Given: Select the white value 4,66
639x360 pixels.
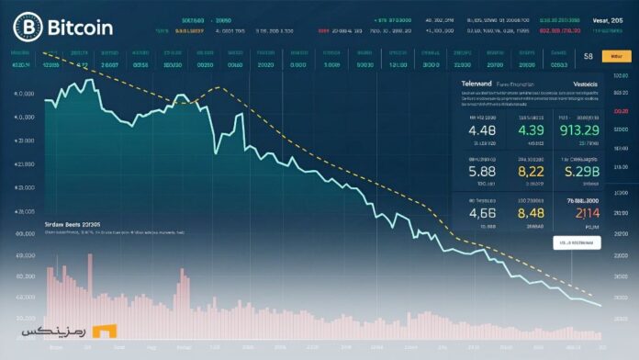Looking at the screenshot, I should [482, 213].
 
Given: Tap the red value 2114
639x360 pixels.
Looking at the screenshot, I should [581, 213].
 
